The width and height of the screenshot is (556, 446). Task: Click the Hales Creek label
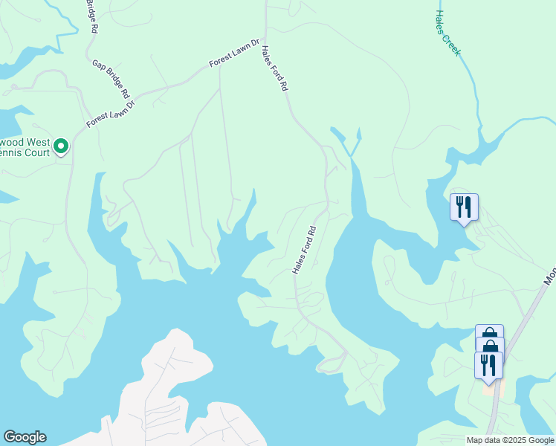[x=447, y=33]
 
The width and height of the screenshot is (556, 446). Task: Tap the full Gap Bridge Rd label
[x=111, y=80]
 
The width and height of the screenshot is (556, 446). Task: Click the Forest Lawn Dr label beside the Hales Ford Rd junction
[x=234, y=54]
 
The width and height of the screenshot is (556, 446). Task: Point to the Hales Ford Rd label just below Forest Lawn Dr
[x=274, y=68]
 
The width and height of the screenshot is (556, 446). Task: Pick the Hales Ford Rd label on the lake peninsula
[x=305, y=250]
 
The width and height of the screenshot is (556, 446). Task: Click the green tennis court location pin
[x=62, y=146]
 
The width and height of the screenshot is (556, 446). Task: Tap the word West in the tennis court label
[x=39, y=142]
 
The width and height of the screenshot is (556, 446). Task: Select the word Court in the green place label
[x=36, y=153]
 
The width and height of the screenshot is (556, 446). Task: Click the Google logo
[x=25, y=437]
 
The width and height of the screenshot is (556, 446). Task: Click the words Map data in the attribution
[x=484, y=440]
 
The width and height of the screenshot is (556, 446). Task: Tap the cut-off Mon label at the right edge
[x=549, y=277]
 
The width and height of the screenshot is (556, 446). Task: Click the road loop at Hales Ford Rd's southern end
[x=332, y=362]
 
